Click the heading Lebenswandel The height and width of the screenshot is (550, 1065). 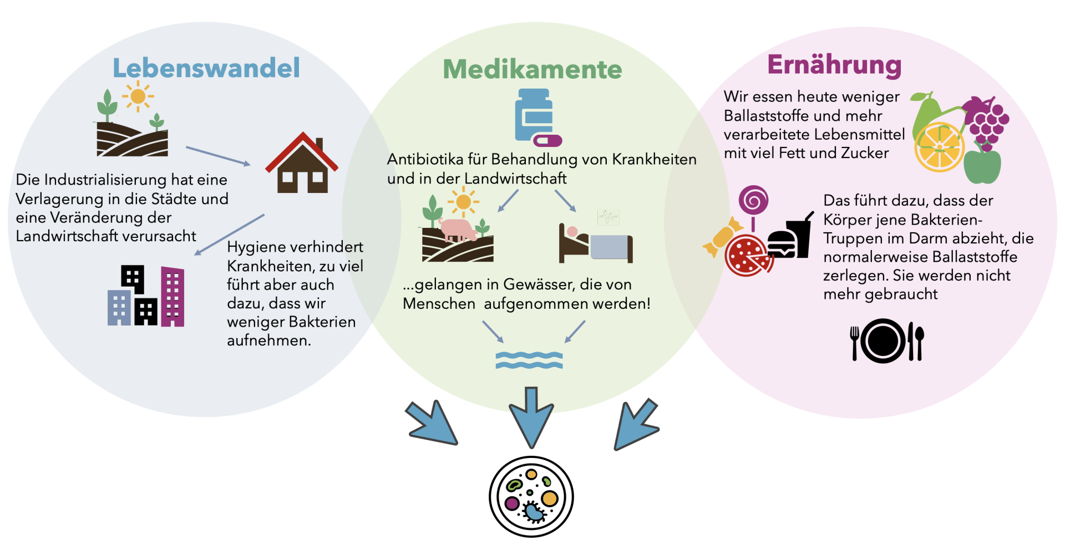tap(206, 68)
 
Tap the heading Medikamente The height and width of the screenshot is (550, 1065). tap(532, 70)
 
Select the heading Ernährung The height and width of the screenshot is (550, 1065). tap(834, 65)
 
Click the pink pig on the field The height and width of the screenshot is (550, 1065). tap(458, 230)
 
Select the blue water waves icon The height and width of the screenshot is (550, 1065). tap(529, 360)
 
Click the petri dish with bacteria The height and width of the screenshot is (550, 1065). tap(531, 496)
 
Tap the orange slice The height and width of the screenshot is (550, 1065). tap(939, 147)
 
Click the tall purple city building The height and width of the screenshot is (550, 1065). tap(173, 297)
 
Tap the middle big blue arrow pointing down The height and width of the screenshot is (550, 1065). tap(531, 416)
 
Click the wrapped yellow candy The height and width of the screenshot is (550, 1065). tap(723, 237)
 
